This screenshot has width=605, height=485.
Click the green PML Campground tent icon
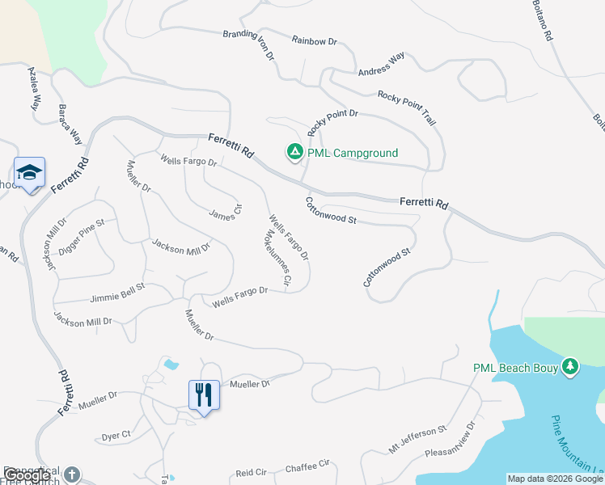coord(295,151)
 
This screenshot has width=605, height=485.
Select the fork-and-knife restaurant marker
coord(203,395)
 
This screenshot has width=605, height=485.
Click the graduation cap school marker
coord(29,172)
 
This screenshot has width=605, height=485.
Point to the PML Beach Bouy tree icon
coord(571,367)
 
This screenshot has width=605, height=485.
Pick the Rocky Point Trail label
coord(407,106)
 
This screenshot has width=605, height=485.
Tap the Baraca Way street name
coord(71,123)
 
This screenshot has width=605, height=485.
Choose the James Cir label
coord(226,211)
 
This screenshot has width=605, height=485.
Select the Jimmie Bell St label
coord(117,287)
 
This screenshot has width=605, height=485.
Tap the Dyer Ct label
coord(116,436)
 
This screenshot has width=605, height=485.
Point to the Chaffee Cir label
coord(308,465)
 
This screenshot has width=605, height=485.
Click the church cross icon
coord(73,474)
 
